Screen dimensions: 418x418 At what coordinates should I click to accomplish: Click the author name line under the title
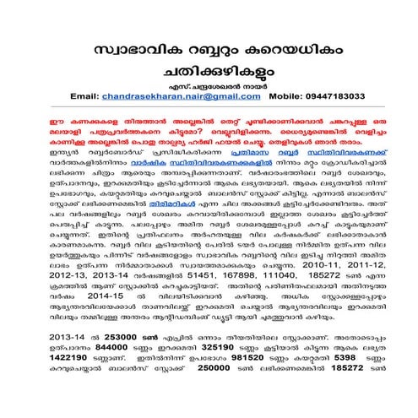click(209, 84)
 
